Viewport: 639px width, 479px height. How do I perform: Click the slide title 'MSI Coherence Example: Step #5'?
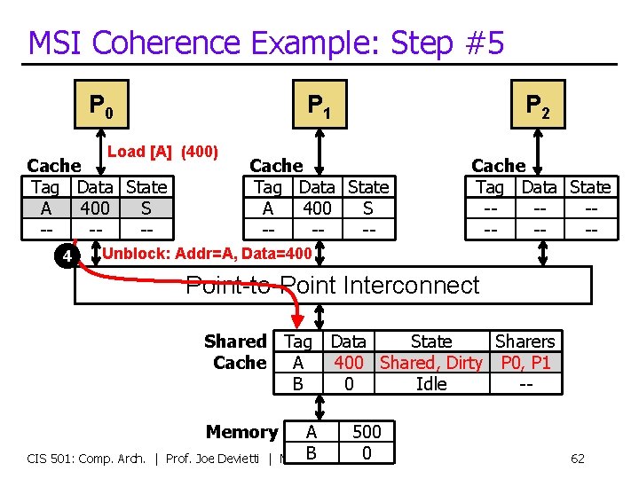click(x=266, y=43)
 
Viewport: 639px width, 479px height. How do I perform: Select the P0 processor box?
click(x=100, y=106)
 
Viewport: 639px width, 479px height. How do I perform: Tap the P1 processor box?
click(x=319, y=106)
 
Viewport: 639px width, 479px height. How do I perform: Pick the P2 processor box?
click(x=538, y=106)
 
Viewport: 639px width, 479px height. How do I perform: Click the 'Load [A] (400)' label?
click(x=162, y=152)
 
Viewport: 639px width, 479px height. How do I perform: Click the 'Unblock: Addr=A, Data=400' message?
click(x=208, y=254)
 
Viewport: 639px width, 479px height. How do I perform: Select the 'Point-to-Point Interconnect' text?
click(x=332, y=286)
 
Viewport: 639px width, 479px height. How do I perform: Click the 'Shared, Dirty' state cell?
click(x=431, y=363)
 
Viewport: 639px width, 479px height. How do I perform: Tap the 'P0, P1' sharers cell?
click(x=525, y=363)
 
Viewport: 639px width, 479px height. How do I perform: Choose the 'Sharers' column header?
click(x=525, y=342)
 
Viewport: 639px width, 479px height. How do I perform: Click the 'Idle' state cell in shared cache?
click(x=431, y=384)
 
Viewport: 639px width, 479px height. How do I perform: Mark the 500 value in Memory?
click(x=367, y=432)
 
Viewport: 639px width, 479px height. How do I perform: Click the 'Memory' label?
click(x=241, y=432)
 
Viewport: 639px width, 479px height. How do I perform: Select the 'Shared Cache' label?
click(x=236, y=352)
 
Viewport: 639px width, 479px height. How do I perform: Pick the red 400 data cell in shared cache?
click(x=348, y=363)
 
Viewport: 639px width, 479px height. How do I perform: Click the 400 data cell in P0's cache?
click(x=95, y=208)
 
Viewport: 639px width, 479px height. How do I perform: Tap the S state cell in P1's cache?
click(x=367, y=208)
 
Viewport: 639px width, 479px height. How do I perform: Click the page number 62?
click(x=577, y=459)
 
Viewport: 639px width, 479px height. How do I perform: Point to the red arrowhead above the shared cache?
click(x=297, y=321)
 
